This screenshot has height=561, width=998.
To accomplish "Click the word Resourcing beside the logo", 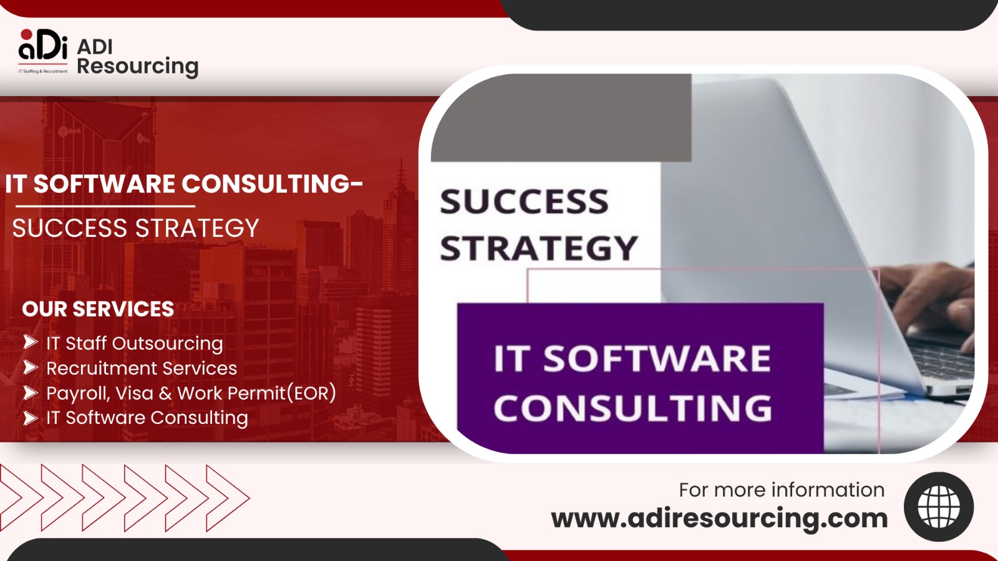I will pos(137,66).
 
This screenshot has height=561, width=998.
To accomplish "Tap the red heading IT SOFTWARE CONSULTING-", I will pos(183,184).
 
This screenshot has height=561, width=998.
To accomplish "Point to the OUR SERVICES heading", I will pos(98,309).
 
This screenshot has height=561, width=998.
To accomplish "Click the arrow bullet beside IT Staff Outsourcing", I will pos(31,342).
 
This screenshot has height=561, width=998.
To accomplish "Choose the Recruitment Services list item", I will pos(142,368).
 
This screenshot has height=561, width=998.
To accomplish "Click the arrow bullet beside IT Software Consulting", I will pos(31,418).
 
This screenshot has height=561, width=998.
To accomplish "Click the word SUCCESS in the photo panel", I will pos(524,202).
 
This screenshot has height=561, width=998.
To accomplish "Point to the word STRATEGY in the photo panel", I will pos(539,249).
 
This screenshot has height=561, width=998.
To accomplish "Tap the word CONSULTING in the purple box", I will pos(632,408).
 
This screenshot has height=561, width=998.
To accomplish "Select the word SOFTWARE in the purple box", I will pos(657,359).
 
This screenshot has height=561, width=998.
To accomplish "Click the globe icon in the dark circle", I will pos(939,506).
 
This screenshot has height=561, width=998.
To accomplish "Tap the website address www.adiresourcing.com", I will pos(719,519).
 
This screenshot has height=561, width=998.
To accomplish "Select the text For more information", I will pos(782,490).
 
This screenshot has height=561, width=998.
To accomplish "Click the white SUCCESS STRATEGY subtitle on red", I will pos(135,229).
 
